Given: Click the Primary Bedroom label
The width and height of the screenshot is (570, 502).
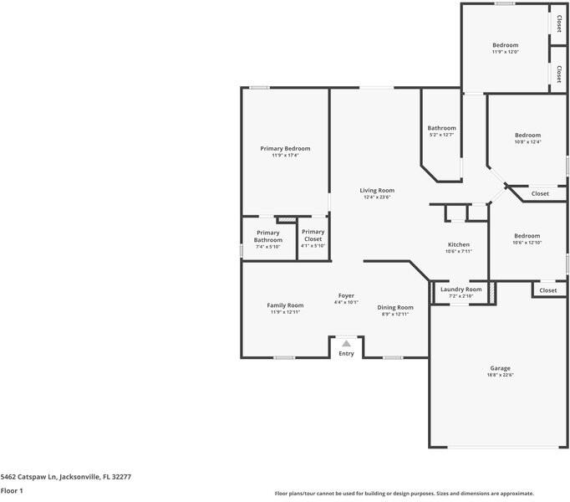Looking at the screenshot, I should (285, 148).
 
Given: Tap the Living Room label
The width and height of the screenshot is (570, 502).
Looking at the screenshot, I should (377, 190).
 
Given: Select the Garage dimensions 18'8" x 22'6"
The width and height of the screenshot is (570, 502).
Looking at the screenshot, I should (500, 375).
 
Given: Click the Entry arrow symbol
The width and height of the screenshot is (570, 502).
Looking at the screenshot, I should (346, 342).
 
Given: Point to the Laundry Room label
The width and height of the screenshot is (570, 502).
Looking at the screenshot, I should (461, 289).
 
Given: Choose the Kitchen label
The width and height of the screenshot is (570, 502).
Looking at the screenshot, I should (459, 244).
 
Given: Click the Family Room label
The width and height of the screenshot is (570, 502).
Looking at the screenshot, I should (285, 305).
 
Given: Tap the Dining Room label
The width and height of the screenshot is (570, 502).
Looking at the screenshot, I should (394, 307).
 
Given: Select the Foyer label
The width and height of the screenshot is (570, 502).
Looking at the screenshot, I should (346, 295).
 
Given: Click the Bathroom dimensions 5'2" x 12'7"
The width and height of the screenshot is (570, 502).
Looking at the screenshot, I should (441, 135).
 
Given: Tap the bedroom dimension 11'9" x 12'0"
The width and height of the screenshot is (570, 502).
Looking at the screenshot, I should (505, 52).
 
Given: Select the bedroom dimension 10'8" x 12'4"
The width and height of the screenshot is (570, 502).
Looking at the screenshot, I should (527, 141).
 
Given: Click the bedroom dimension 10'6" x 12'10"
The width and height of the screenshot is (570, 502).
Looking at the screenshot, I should (527, 243).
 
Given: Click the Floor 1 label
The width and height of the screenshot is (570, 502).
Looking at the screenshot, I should (12, 490).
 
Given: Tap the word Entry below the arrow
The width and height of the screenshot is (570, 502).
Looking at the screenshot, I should (346, 353).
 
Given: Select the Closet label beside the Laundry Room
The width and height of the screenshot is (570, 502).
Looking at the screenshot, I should (547, 290).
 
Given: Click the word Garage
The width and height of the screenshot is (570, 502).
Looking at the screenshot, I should (500, 368).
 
